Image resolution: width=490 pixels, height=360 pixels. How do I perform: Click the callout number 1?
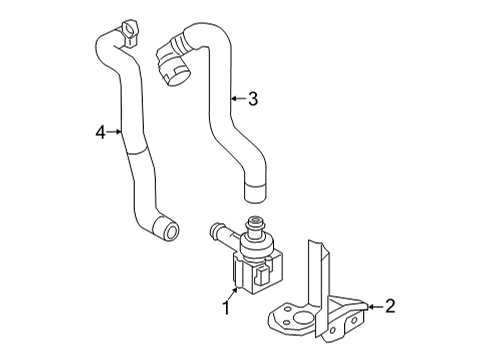[227, 308]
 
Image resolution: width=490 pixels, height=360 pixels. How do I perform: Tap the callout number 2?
[390, 306]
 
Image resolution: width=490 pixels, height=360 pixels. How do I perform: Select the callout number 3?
[253, 99]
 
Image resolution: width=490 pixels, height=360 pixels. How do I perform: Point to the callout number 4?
[100, 132]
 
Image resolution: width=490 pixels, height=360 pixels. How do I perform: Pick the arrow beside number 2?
[375, 306]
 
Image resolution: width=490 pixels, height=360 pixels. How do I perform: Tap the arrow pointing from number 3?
[239, 98]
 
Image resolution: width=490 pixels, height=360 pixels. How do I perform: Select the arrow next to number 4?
[114, 132]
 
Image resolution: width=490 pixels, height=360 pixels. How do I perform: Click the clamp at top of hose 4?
[130, 32]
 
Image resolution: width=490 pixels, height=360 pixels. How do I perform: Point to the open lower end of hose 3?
[255, 192]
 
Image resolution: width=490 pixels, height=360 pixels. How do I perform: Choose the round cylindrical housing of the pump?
[256, 246]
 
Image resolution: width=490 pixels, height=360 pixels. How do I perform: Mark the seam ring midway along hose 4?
[138, 152]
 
